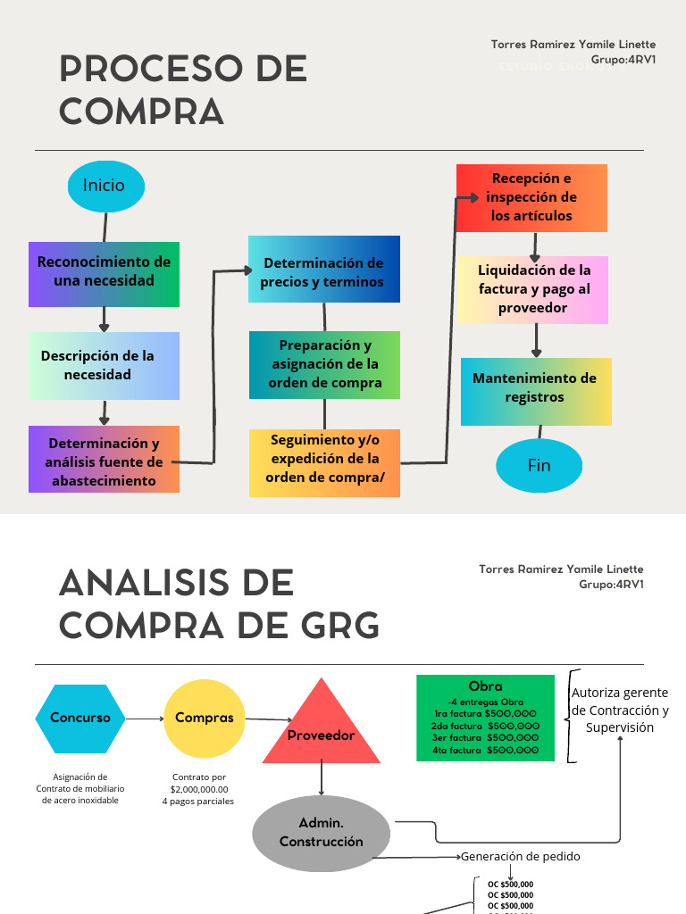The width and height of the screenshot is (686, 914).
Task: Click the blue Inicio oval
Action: click(105, 186)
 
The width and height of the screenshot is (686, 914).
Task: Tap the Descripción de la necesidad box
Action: click(104, 365)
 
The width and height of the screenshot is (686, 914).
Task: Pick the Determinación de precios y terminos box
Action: click(323, 270)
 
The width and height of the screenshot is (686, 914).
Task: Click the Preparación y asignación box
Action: click(324, 364)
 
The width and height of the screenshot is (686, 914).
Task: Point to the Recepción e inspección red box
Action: click(531, 197)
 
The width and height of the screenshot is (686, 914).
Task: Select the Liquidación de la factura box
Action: click(533, 289)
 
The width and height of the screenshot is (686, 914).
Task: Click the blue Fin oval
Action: click(539, 465)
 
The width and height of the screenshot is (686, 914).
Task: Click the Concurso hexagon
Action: click(80, 719)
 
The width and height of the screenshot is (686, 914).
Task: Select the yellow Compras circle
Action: click(205, 718)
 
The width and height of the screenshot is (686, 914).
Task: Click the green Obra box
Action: click(485, 718)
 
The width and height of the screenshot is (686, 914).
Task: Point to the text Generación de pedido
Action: click(521, 857)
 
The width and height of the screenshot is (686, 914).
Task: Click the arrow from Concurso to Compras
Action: click(144, 719)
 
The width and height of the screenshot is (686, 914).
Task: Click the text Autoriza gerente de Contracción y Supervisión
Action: click(620, 710)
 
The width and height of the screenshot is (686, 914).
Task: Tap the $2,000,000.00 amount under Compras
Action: click(198, 789)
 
